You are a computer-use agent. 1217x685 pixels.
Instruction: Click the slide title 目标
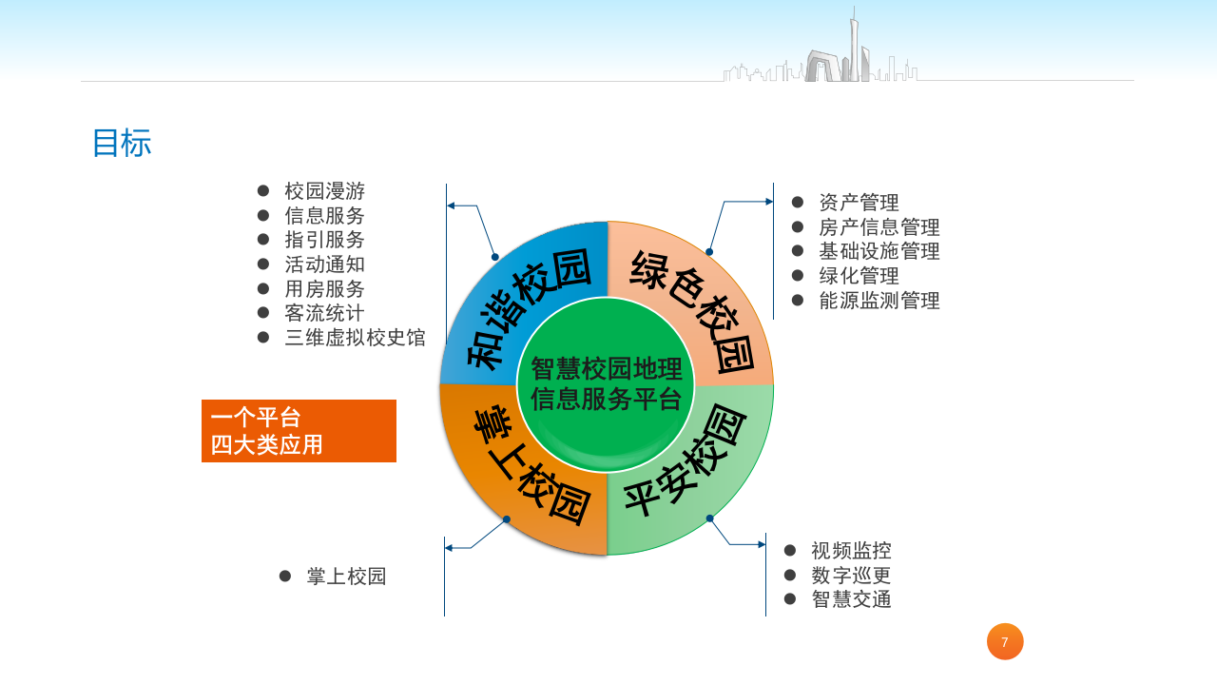click(122, 144)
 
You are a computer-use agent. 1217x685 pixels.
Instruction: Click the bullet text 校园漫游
click(324, 191)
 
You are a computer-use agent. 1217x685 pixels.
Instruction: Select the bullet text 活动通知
click(324, 264)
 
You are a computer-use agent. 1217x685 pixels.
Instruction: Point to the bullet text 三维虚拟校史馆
click(355, 338)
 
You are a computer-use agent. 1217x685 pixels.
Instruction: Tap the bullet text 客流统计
click(324, 313)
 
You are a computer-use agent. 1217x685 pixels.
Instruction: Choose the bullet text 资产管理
click(859, 203)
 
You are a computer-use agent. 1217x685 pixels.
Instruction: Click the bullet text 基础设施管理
click(879, 252)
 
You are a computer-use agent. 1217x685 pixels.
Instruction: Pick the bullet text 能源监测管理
click(879, 301)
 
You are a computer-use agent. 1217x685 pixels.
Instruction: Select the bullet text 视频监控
click(851, 551)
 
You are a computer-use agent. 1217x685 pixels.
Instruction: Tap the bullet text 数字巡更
click(851, 576)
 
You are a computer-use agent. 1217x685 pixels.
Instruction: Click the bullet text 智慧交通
click(851, 599)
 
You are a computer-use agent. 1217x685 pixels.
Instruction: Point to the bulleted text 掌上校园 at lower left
click(346, 577)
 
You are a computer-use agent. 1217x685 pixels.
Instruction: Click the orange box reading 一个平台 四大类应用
click(299, 431)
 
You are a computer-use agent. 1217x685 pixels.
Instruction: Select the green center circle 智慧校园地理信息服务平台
click(606, 384)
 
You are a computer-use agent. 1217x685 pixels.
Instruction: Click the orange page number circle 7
click(1005, 642)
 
